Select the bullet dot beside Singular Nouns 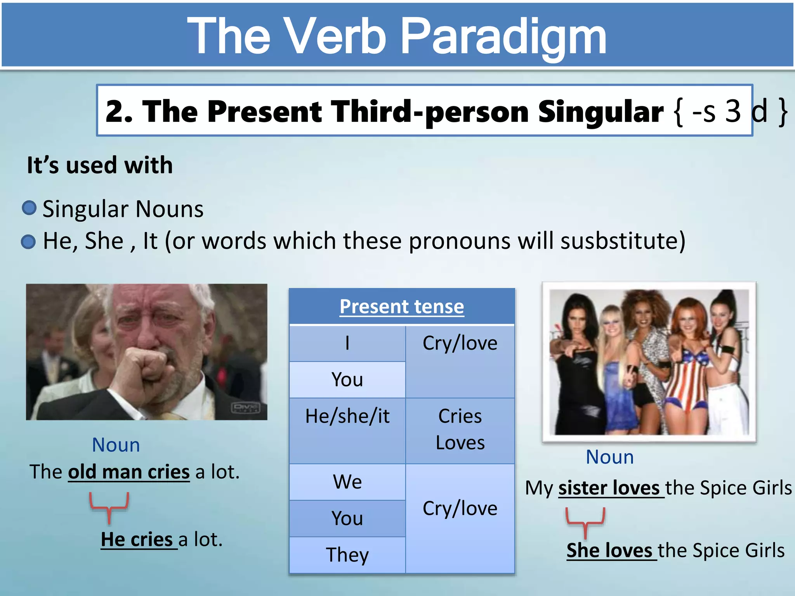click(29, 208)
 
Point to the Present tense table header click(402, 307)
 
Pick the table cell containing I click(347, 343)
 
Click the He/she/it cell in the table click(347, 416)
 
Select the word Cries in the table click(460, 416)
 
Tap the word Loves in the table click(460, 443)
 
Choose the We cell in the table click(347, 482)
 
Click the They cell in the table click(347, 555)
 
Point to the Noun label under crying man click(116, 445)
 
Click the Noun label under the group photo click(609, 457)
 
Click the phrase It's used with click(100, 165)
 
